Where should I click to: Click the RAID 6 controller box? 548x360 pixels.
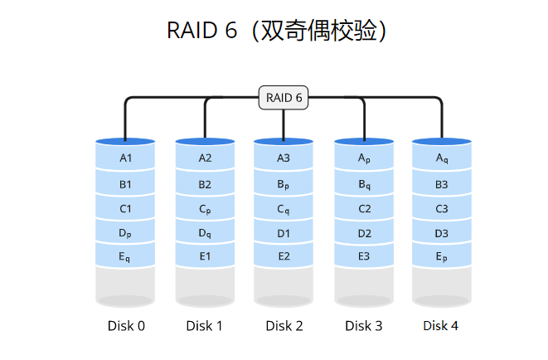click(x=284, y=98)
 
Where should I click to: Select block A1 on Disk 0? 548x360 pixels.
click(x=126, y=158)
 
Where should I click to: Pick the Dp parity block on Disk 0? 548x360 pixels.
click(x=126, y=233)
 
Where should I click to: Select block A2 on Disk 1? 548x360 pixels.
click(x=205, y=158)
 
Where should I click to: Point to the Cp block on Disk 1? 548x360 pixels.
click(x=205, y=209)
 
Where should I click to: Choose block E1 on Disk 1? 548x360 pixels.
click(x=205, y=256)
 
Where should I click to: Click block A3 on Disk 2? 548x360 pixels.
click(x=284, y=158)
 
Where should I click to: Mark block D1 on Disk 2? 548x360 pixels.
click(x=284, y=233)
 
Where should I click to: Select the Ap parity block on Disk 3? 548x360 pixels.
click(x=364, y=158)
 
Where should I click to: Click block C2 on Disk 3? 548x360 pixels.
click(x=364, y=209)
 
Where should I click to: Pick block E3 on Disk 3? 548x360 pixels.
click(x=364, y=256)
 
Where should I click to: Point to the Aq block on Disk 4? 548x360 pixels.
click(x=442, y=158)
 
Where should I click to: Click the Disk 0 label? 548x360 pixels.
click(x=126, y=326)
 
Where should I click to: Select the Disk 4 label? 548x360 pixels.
click(x=441, y=326)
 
